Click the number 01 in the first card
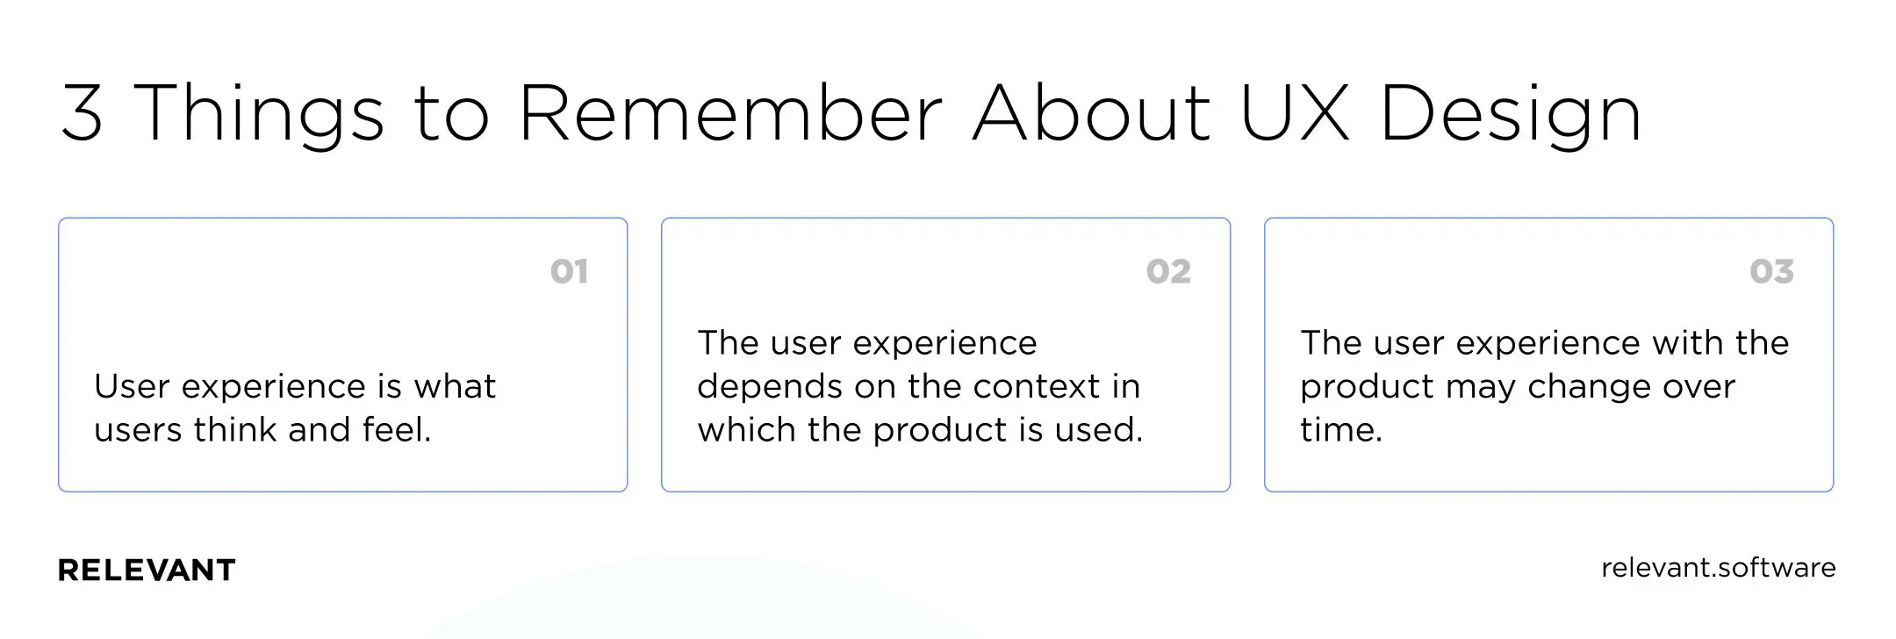pos(569,271)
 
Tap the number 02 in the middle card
pos(1168,271)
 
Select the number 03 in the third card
pos(1771,271)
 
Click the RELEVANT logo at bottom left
pos(147,571)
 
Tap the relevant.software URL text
pos(1718,568)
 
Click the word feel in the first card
pos(396,430)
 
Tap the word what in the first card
pos(455,387)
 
